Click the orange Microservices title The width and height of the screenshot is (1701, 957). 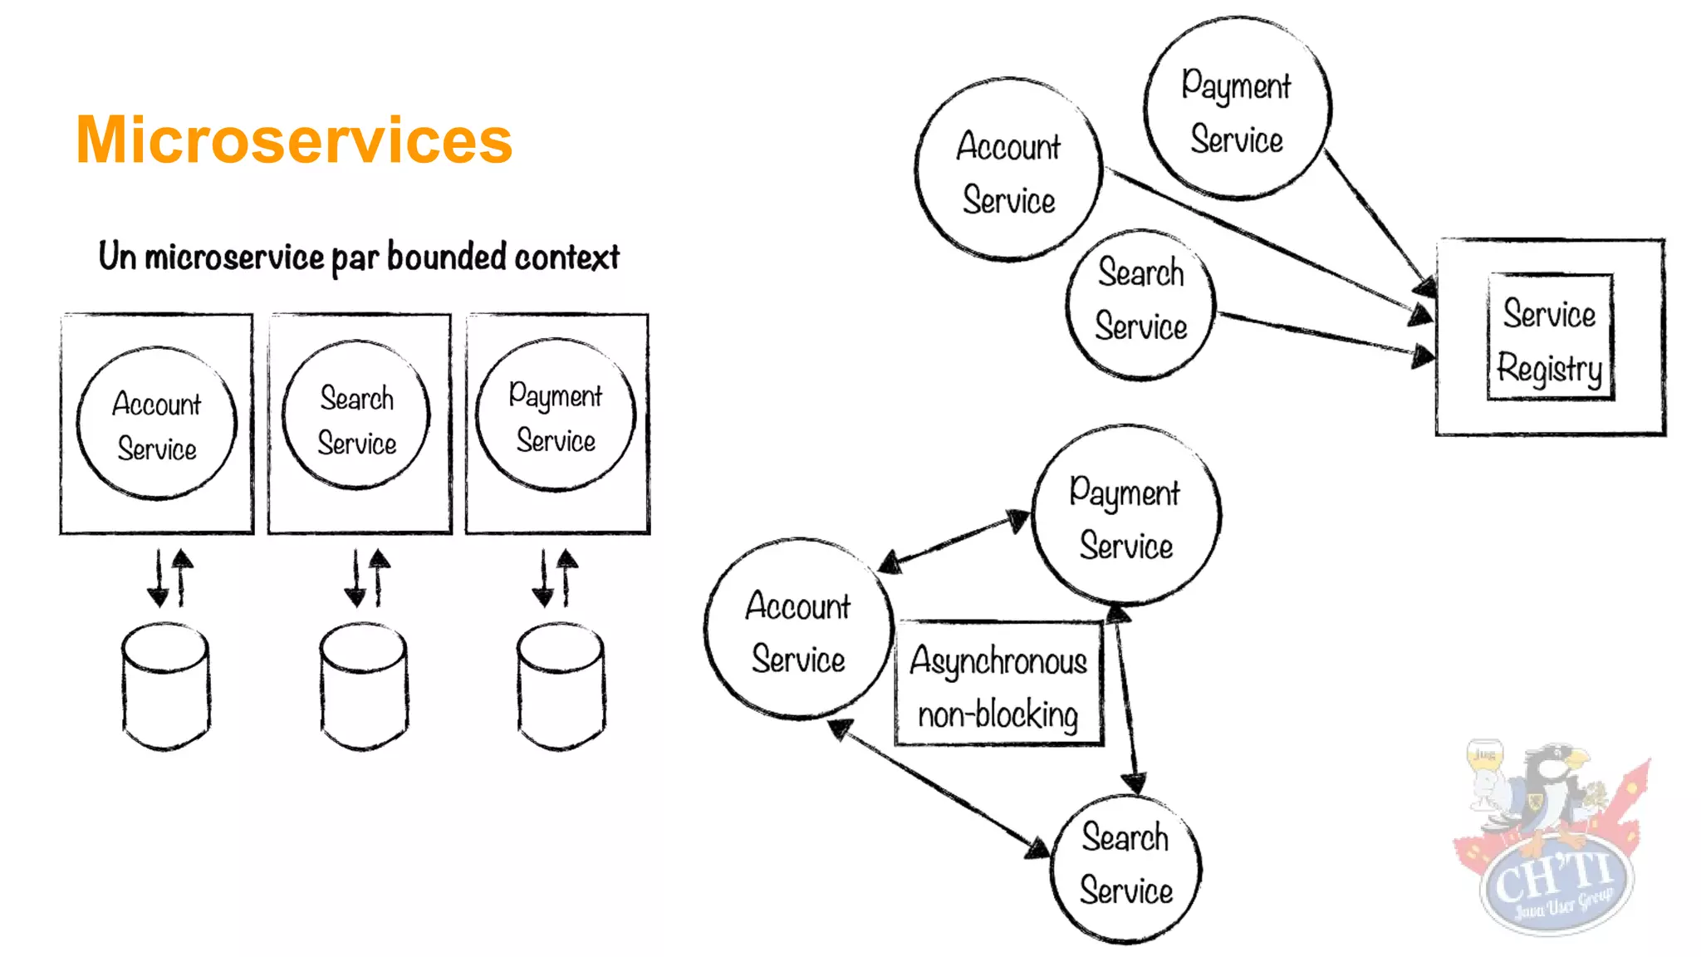[x=294, y=140]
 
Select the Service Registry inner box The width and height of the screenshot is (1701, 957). [x=1550, y=337]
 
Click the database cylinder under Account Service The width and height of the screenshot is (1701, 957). [x=165, y=686]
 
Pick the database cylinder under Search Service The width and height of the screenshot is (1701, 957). [x=364, y=686]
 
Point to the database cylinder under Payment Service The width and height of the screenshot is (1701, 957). [x=561, y=686]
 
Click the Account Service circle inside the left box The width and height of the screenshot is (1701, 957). [x=157, y=424]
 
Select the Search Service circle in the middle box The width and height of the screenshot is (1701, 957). [x=356, y=415]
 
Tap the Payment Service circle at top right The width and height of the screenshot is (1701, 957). [x=1237, y=109]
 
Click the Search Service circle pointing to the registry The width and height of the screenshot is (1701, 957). [x=1140, y=305]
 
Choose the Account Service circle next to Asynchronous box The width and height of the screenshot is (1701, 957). [x=798, y=629]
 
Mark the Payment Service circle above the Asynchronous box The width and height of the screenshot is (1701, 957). [x=1125, y=515]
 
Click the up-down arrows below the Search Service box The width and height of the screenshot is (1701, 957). [x=366, y=577]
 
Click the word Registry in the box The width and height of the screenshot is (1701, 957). [x=1549, y=368]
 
